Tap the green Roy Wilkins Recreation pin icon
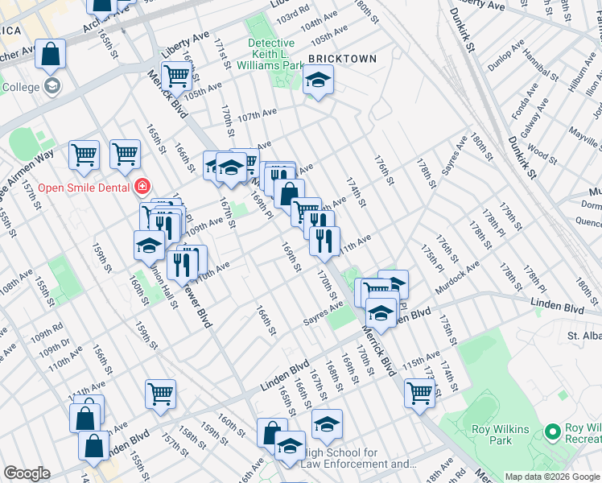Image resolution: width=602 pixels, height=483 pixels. (553, 432)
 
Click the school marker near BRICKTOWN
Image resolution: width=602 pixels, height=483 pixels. (319, 80)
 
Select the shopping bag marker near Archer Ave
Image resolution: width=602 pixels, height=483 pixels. (50, 56)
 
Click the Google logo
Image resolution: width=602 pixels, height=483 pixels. (27, 473)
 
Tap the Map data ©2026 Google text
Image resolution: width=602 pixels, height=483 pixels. (552, 477)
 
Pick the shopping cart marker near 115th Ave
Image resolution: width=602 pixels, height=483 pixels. (419, 394)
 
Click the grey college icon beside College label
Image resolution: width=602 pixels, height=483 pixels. (53, 86)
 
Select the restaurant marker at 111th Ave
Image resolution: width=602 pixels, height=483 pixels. (324, 240)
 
